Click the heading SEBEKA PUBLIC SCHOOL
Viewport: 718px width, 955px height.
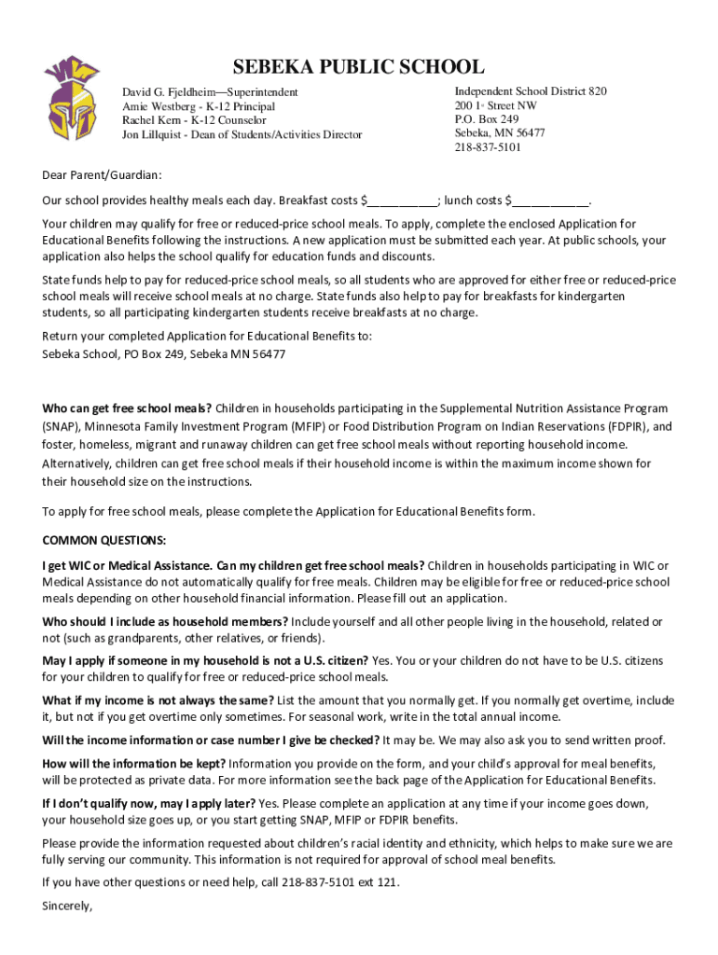[358, 67]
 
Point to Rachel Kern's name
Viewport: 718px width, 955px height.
[149, 120]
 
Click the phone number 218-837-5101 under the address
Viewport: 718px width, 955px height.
[488, 147]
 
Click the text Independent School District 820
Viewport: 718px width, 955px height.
[531, 91]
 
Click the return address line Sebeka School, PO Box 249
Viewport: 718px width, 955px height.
[163, 354]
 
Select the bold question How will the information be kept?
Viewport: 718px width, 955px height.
[133, 763]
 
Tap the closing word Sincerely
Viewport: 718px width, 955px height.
[67, 904]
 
